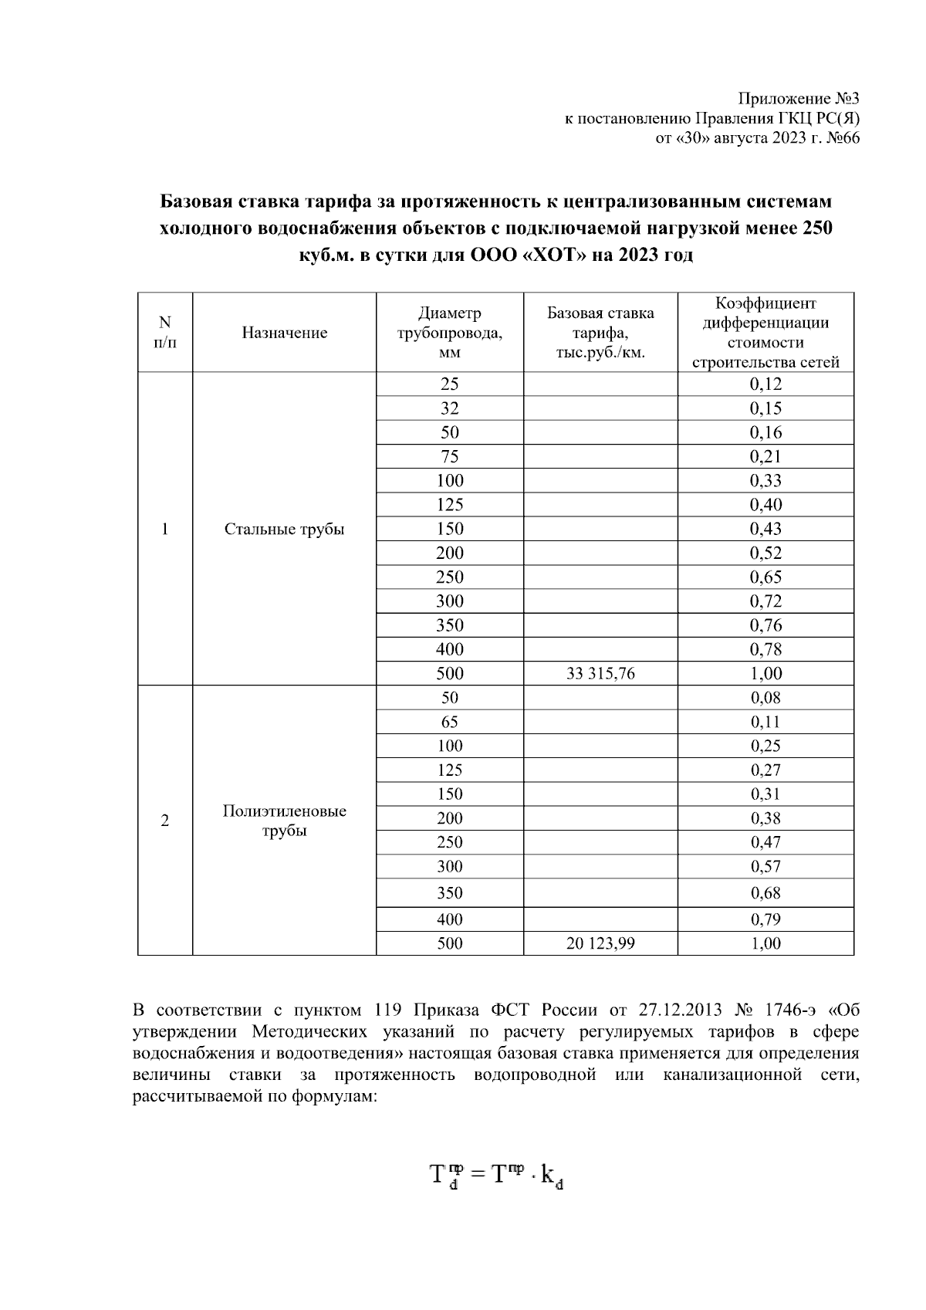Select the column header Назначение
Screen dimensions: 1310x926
click(284, 333)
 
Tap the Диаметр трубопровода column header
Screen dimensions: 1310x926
click(449, 333)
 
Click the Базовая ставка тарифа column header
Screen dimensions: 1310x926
click(600, 333)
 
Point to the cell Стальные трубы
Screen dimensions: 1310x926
click(284, 529)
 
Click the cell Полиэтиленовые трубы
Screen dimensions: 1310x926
click(284, 821)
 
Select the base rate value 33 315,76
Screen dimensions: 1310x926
click(600, 673)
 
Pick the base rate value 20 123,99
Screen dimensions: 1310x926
click(600, 943)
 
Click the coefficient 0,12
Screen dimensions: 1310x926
click(765, 384)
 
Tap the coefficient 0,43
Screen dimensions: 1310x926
click(765, 529)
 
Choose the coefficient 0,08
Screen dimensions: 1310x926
click(765, 698)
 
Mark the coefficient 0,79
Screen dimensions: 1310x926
click(765, 919)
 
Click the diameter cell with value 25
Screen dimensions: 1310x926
click(449, 384)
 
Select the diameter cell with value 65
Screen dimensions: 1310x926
click(449, 722)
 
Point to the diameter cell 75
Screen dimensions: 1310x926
click(449, 456)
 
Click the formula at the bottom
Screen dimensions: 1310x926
click(495, 1176)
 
